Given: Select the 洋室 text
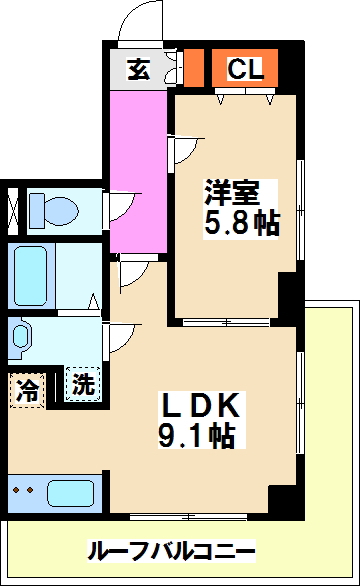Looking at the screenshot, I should coord(229,189).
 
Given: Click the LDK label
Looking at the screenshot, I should coord(201,406).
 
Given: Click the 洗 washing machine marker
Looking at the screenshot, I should coord(84,383).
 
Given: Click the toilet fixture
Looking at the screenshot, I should coord(55,210).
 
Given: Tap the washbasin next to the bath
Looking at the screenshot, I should coord(22,339).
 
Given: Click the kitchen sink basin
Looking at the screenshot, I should coord(70,494).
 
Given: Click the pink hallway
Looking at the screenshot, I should coord(138,170).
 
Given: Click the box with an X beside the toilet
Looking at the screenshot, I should coord(14,210).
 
